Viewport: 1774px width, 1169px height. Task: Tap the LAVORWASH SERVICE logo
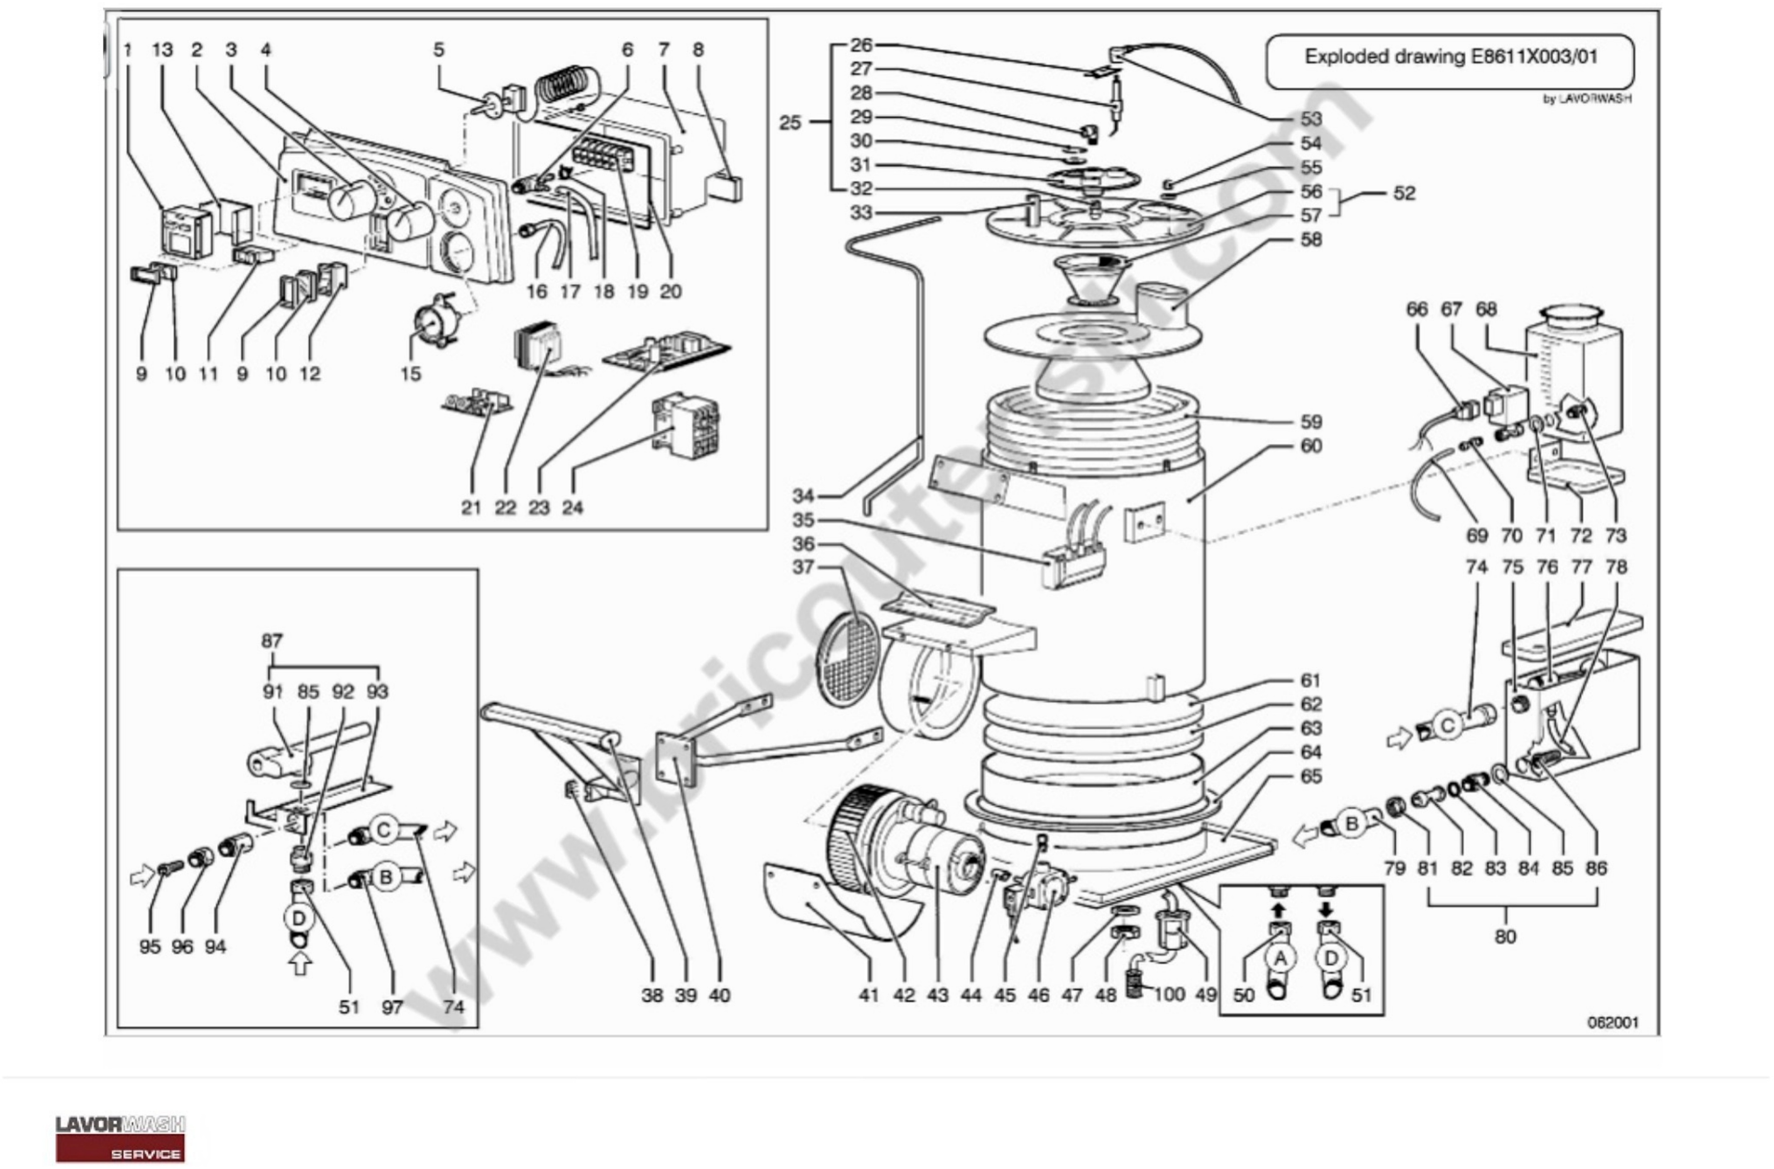coord(120,1138)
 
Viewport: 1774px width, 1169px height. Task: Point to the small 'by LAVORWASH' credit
coord(1586,98)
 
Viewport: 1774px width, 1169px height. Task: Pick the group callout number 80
coord(1505,937)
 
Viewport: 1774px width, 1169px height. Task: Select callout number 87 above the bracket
coord(272,641)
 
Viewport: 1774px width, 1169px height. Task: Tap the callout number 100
coord(1168,994)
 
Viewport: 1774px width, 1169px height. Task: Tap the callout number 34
coord(803,496)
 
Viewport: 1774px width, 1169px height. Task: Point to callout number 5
coord(438,50)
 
